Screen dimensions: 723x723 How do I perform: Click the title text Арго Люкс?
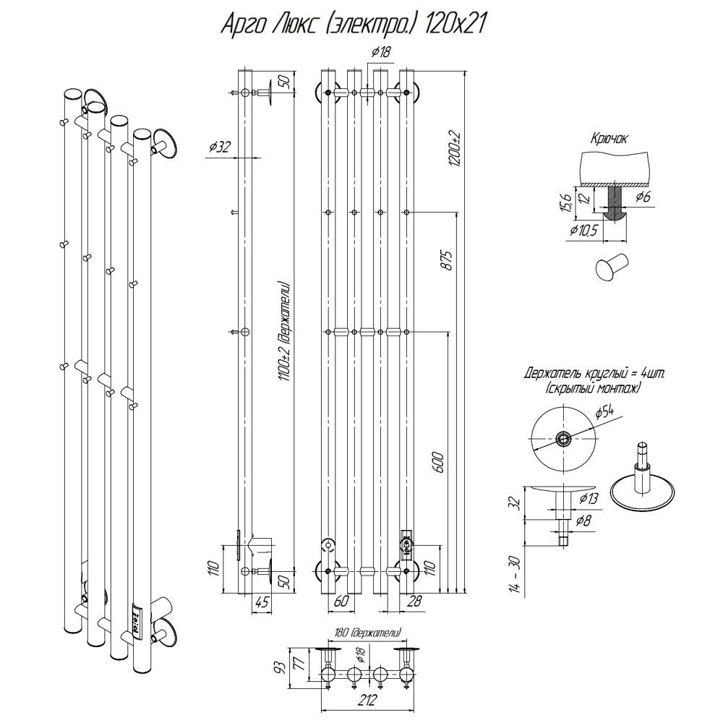point(269,24)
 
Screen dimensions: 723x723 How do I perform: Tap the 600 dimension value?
point(438,462)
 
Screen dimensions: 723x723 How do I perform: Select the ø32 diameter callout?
point(220,147)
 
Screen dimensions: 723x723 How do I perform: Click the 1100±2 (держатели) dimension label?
point(284,332)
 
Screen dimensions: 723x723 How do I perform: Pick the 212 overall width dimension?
point(367,700)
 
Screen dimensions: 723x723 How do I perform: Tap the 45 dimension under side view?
point(261,602)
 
